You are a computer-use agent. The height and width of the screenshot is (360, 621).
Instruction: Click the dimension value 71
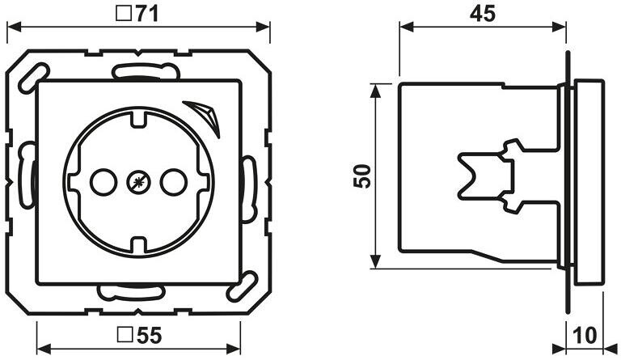click(x=147, y=15)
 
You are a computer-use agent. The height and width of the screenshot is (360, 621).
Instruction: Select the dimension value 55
click(x=150, y=336)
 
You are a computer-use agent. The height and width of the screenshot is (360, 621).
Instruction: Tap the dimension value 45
click(x=483, y=14)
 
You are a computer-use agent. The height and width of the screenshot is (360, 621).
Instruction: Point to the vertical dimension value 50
click(x=362, y=176)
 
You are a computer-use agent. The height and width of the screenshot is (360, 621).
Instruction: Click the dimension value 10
click(x=585, y=336)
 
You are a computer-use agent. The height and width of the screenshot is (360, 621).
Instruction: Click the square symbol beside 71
click(x=125, y=15)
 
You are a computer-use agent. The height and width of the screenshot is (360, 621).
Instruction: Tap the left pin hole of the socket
click(x=103, y=182)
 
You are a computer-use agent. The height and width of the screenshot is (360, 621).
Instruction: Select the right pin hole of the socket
click(x=174, y=182)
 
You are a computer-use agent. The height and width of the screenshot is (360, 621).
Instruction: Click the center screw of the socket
click(x=138, y=182)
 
